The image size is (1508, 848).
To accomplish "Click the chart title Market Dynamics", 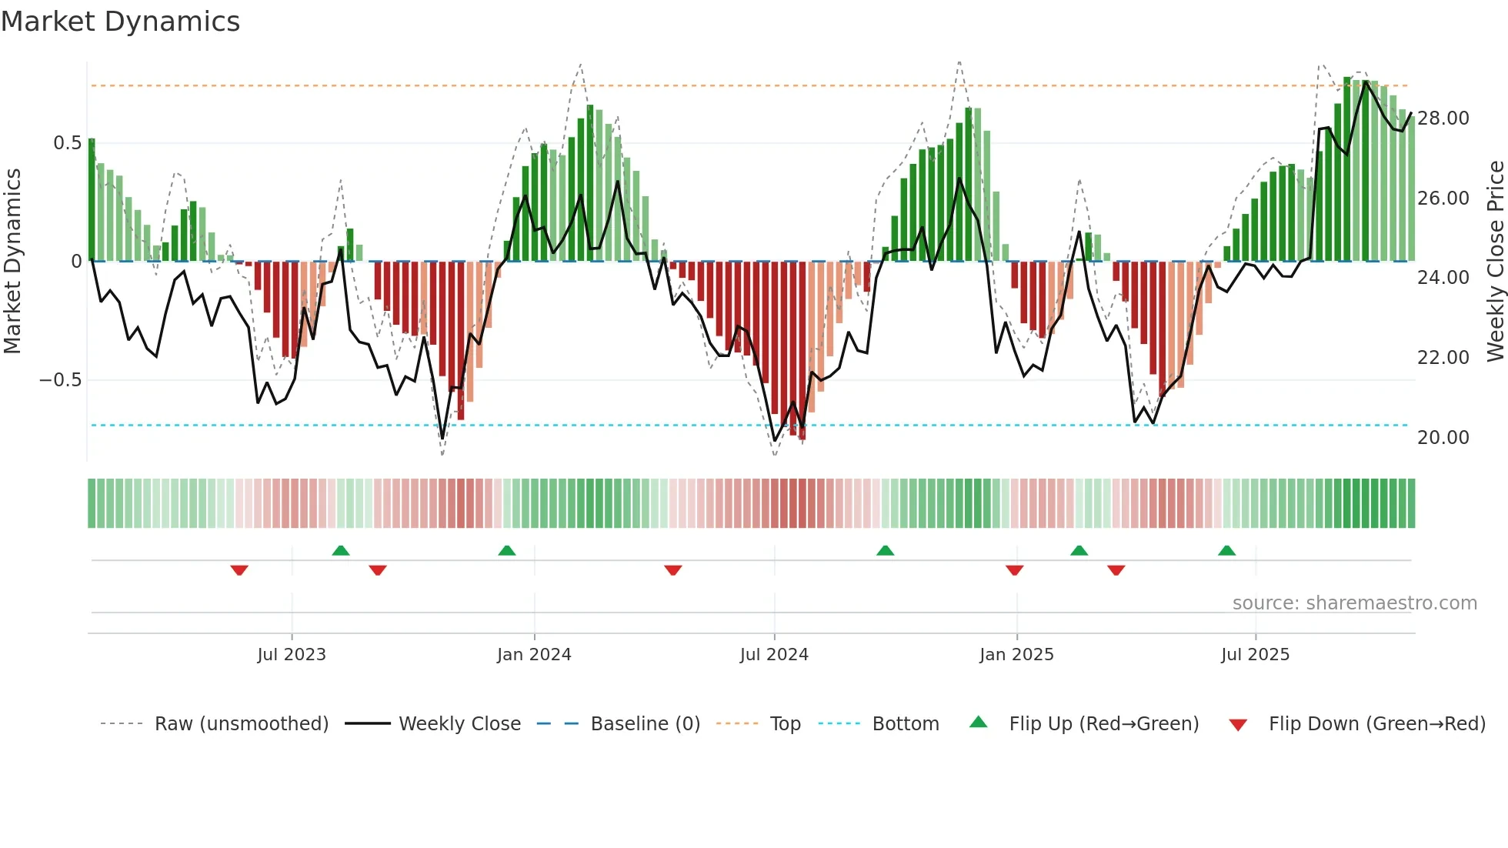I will (x=121, y=22).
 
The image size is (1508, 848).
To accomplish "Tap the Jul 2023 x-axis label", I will (x=292, y=654).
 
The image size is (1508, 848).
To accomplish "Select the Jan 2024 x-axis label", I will (x=534, y=654).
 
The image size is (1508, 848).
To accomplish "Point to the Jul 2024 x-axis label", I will (x=774, y=654).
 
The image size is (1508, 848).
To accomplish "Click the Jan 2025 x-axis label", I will (x=1016, y=654).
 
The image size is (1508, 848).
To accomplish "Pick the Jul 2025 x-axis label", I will (x=1255, y=654).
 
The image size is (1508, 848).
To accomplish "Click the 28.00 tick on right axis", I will (x=1443, y=118).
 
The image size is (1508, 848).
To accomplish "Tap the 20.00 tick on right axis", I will (x=1443, y=437).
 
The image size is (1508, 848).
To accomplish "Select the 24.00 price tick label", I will (x=1443, y=277).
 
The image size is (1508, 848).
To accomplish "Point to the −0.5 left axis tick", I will (x=60, y=379).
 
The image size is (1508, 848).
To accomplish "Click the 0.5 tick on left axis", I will (x=67, y=142).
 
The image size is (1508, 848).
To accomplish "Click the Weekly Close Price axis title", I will (x=1495, y=261).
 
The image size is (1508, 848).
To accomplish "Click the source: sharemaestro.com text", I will (x=1354, y=603).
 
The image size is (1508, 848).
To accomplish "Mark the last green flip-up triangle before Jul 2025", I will (x=1226, y=550).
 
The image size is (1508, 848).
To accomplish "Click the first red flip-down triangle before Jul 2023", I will (x=239, y=569).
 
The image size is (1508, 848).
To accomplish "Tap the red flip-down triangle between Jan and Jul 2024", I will (x=673, y=569).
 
